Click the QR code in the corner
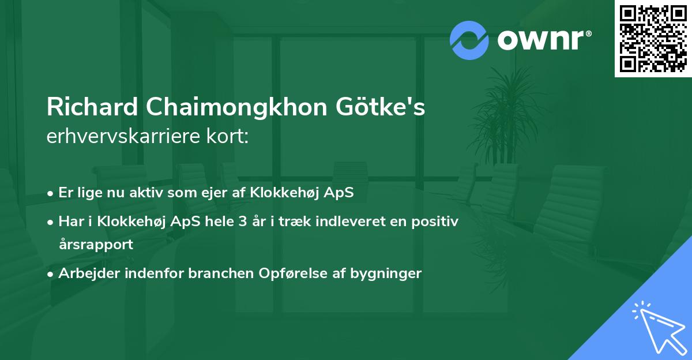653,38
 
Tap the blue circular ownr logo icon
469,40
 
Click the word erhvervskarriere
120,138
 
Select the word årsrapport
96,244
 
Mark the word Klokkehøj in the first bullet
279,193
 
